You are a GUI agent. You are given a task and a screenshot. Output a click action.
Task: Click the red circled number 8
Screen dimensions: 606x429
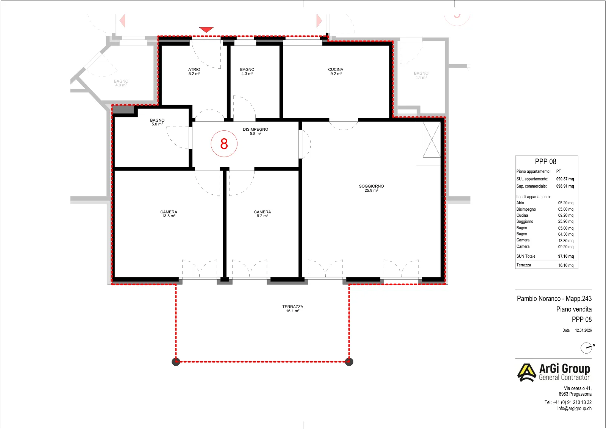224,144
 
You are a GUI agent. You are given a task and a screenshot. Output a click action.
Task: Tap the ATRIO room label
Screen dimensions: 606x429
194,72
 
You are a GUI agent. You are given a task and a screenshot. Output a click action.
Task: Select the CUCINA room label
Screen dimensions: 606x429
336,72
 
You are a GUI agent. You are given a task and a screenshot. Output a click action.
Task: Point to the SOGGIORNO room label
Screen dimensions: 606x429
371,188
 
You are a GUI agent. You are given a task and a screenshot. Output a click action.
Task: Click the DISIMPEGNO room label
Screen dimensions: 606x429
255,131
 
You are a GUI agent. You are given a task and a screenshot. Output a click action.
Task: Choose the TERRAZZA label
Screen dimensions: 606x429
293,308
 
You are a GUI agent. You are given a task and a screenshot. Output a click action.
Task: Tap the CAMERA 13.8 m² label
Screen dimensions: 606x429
169,214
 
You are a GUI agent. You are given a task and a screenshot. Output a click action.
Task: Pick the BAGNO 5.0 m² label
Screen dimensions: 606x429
157,122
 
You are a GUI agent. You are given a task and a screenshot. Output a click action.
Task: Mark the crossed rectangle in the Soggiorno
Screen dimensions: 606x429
431,139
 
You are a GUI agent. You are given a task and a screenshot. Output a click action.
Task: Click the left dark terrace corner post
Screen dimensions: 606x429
176,362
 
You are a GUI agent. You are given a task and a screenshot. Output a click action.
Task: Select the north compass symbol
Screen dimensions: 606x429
586,348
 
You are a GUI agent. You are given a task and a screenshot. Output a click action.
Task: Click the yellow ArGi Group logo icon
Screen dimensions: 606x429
526,373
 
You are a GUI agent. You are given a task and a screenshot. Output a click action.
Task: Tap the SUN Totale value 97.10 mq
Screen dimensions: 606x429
566,256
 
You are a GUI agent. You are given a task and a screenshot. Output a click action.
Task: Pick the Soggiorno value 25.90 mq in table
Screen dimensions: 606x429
566,221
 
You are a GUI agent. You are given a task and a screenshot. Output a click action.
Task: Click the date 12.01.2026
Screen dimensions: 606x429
583,330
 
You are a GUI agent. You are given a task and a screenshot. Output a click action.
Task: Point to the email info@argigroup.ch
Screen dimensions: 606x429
574,409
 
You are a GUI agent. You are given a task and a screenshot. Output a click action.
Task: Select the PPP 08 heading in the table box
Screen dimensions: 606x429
545,161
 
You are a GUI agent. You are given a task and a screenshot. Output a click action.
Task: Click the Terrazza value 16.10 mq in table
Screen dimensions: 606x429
566,265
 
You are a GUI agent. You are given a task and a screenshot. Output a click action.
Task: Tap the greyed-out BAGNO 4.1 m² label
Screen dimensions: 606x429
421,75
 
